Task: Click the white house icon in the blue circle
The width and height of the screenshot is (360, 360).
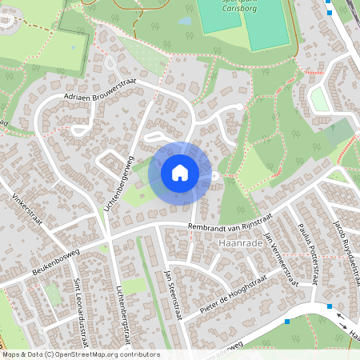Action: tap(180, 172)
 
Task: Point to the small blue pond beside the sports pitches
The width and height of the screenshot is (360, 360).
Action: tap(185, 22)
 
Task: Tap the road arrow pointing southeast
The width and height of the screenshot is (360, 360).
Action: tap(352, 327)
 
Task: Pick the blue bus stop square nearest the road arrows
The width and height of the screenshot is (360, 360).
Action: tap(329, 306)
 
